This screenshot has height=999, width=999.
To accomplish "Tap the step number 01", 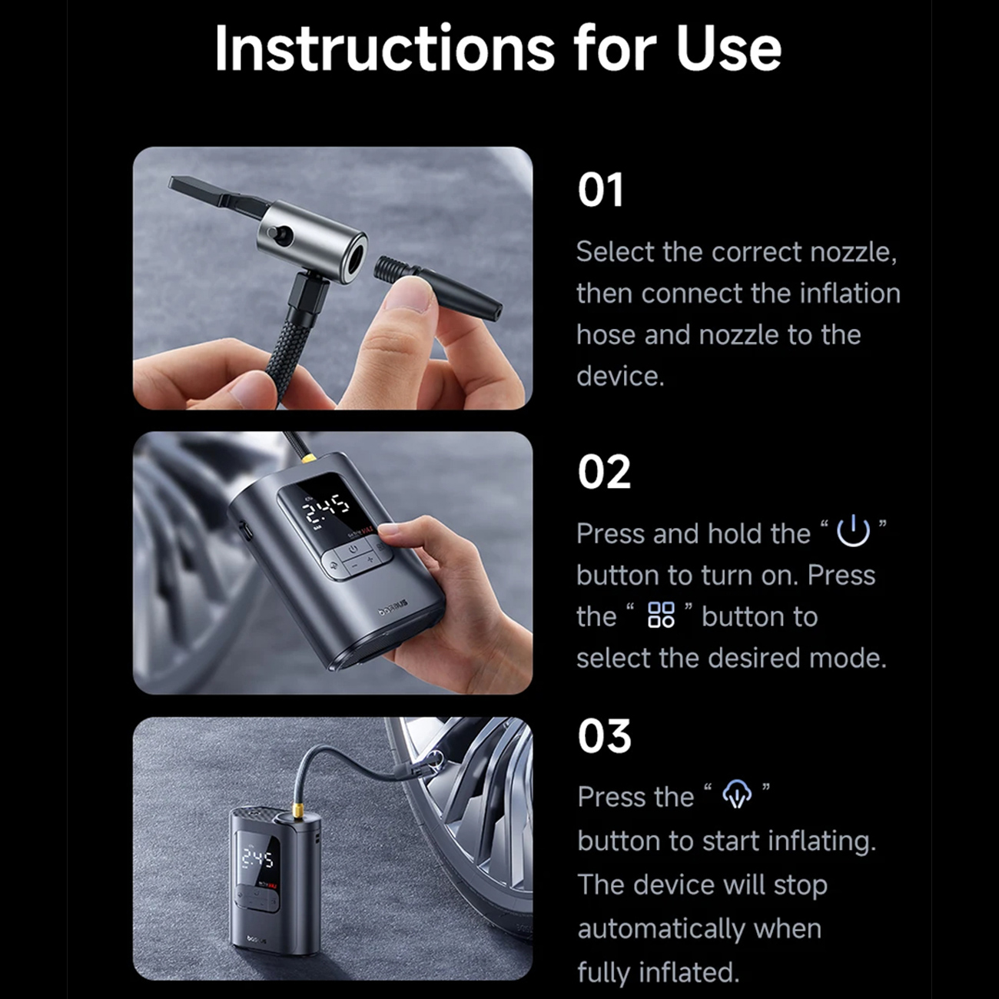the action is pos(600,191).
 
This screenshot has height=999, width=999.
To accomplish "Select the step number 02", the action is pos(604,472).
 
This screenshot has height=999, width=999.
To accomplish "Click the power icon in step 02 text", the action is pos(853,531).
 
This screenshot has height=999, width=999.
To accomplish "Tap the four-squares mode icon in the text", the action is pos(661,615).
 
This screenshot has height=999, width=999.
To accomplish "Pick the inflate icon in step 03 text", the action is pos(737,794).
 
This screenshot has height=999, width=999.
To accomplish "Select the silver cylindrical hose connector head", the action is pos(312,243).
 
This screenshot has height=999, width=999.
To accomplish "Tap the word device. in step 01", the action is pos(620,376).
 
